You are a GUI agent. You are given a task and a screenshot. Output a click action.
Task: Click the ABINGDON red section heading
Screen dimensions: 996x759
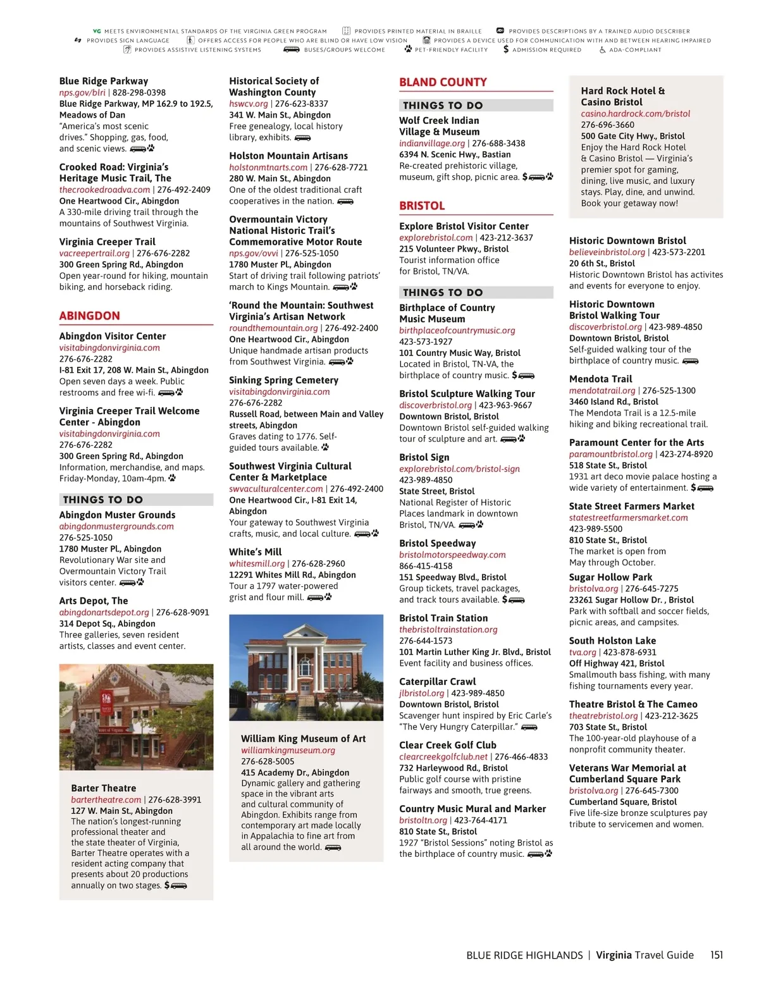89,316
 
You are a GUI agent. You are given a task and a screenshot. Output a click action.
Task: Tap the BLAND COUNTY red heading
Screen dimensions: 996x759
443,82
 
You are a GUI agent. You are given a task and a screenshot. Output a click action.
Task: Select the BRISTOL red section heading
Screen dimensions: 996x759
422,206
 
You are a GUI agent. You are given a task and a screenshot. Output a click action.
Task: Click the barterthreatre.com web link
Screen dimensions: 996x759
106,799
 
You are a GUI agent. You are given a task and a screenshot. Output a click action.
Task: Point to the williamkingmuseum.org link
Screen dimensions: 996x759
288,750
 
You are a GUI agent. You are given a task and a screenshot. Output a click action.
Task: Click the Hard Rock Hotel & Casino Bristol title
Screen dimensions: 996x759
622,96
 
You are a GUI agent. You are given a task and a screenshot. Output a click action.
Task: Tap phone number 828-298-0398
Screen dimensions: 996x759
139,92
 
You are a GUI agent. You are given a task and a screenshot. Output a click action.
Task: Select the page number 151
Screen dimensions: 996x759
716,955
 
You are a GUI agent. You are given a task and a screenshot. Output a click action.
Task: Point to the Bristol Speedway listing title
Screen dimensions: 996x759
437,543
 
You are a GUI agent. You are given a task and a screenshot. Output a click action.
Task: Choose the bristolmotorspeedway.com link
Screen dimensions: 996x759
452,555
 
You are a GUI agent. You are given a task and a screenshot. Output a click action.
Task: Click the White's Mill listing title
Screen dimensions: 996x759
255,552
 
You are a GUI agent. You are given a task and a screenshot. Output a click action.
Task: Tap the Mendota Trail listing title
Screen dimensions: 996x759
600,379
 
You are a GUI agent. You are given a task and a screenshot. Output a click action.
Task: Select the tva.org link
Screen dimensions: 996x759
583,652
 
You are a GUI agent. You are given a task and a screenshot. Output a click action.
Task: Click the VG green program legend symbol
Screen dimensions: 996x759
97,31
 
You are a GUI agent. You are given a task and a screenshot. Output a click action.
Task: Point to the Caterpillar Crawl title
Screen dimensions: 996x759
437,682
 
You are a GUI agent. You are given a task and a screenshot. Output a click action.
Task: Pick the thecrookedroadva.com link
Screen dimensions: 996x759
104,190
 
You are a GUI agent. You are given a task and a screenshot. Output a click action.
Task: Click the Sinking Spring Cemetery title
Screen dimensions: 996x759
283,380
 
